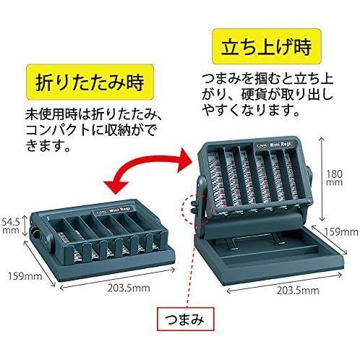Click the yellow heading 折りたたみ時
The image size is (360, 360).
point(90,82)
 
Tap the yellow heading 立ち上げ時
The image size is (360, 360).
point(266,46)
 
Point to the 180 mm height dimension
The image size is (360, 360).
point(334,177)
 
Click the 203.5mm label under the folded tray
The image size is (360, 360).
point(129,288)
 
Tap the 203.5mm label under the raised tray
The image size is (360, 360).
point(298,291)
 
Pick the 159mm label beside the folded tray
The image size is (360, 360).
point(25,276)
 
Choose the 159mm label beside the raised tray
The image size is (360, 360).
point(341,232)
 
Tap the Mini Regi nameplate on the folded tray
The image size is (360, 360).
point(113,210)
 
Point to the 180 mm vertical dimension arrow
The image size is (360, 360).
point(322,179)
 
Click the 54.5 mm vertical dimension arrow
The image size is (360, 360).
point(25,226)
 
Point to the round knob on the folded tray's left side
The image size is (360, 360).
point(35,233)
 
